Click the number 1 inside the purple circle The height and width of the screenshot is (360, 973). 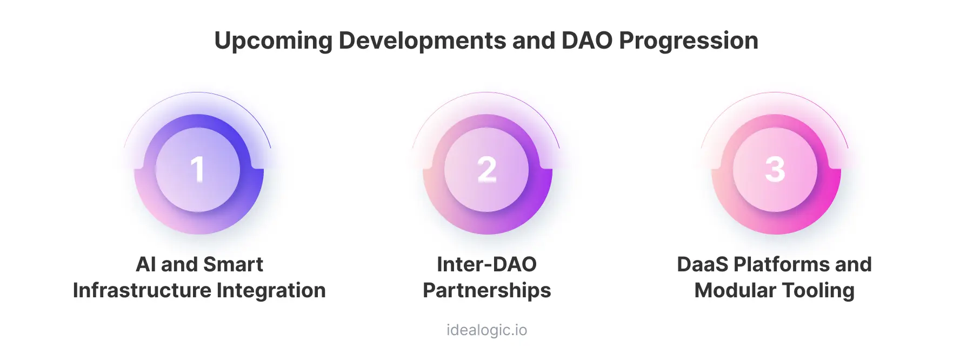[198, 169]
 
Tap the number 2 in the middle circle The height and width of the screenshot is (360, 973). [487, 169]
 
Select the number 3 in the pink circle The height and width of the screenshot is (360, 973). [775, 169]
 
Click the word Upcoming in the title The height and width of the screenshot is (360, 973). [273, 41]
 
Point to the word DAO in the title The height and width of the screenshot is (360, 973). [587, 41]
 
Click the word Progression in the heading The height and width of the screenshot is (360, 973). [689, 41]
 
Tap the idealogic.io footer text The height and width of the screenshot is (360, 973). [486, 330]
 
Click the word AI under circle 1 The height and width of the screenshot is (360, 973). [145, 264]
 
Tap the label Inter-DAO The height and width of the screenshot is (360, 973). [486, 264]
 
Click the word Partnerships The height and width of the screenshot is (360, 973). [486, 291]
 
